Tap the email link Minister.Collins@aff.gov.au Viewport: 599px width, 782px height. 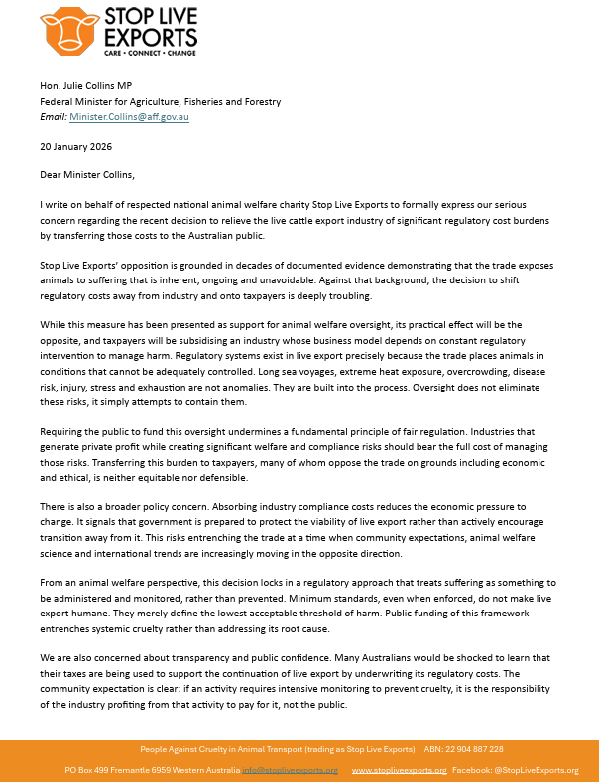(x=129, y=116)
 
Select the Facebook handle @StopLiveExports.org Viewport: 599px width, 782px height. (x=540, y=770)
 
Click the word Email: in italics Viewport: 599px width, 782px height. (x=54, y=116)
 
